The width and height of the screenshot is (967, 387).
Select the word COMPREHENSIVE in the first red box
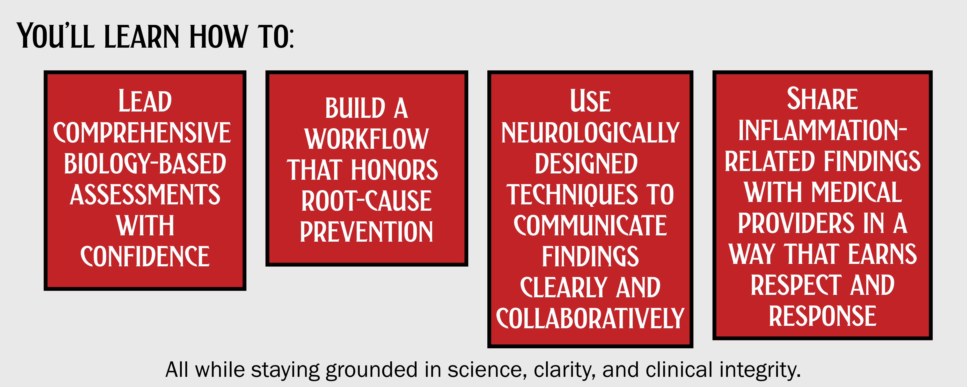(142, 132)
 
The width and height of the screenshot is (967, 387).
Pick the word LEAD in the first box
(145, 101)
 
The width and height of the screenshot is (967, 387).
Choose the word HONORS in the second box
(394, 170)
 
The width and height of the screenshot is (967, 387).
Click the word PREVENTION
(366, 231)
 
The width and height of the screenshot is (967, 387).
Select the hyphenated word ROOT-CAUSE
(366, 201)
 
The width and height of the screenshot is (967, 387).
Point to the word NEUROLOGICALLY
(590, 133)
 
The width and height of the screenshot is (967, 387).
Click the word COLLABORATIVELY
(590, 318)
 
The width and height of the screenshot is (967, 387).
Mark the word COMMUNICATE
(590, 225)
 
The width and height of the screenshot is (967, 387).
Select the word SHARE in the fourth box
(822, 99)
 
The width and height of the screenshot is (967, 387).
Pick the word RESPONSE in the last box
(822, 316)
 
